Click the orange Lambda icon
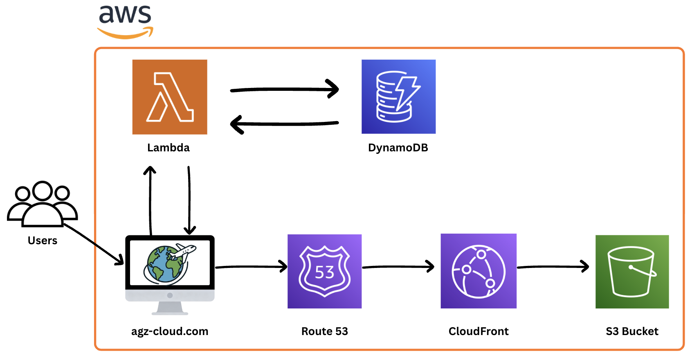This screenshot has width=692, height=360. pos(170,97)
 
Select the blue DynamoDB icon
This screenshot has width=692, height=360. pos(398,97)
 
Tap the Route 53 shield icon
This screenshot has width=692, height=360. pos(324,271)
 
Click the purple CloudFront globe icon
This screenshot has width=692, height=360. pos(479,271)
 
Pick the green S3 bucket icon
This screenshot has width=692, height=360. pos(632,272)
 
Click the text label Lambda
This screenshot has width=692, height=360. pos(169,148)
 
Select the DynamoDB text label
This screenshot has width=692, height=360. pos(398,148)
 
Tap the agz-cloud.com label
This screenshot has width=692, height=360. pos(170,331)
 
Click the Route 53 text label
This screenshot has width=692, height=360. pos(324,331)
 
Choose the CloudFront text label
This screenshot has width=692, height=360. pos(479,331)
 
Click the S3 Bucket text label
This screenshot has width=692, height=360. pos(632,331)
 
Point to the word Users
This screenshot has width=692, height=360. pos(43,241)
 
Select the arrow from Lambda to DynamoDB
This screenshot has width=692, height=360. pos(284,89)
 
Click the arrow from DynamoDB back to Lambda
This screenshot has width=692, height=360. pos(284,124)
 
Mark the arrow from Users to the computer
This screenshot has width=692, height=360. pos(93,243)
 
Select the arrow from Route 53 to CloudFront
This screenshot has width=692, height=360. pos(398,267)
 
